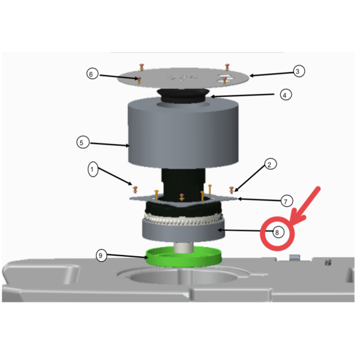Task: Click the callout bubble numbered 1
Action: (x=92, y=170)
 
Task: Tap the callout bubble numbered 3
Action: (x=298, y=71)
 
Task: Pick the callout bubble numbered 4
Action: (x=286, y=94)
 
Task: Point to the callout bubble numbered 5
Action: (x=83, y=143)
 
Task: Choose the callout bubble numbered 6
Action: (x=91, y=74)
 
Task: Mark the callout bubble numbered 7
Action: (x=286, y=200)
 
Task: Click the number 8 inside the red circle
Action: (x=277, y=232)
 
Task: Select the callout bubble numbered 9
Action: (x=102, y=256)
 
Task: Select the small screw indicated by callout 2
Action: (x=232, y=190)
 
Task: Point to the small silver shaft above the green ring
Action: (x=184, y=245)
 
